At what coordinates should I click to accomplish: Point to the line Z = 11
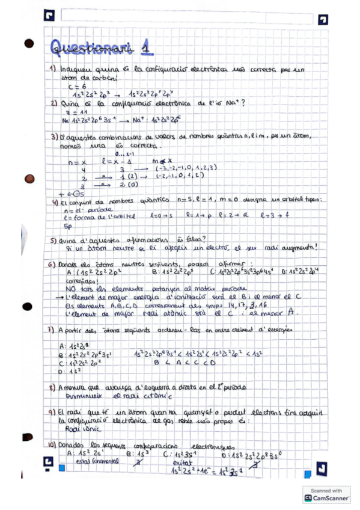(x=71, y=112)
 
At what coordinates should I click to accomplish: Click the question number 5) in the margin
(x=53, y=240)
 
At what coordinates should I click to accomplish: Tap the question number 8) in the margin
(x=53, y=389)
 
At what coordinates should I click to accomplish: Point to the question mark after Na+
(x=243, y=103)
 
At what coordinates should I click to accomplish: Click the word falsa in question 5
(x=188, y=240)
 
